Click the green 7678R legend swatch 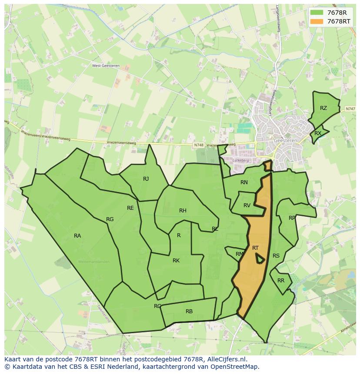(317, 13)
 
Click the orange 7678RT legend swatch (317, 21)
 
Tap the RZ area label (323, 108)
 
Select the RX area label (318, 133)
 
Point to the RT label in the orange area (255, 248)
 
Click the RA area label (77, 236)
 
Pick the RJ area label (146, 179)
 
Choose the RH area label (183, 211)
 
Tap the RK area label (176, 261)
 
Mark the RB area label (189, 311)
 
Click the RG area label (110, 219)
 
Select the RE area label (130, 208)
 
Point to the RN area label (244, 182)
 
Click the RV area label (247, 205)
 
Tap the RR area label (281, 281)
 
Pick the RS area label (276, 256)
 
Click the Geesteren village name (285, 140)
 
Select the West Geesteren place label (106, 66)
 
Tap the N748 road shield (199, 145)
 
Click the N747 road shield (350, 109)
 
